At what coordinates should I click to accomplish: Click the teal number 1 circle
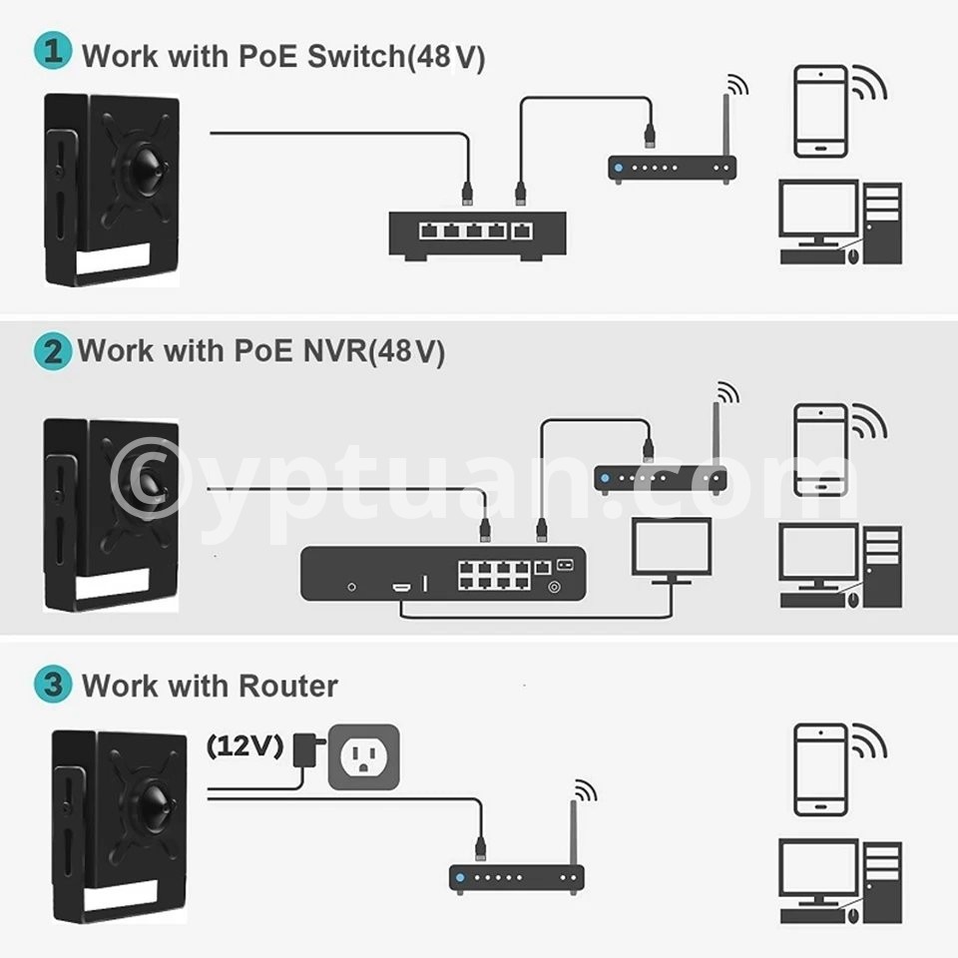[53, 53]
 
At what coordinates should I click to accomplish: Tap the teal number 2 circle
[52, 351]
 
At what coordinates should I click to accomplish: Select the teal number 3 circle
[52, 686]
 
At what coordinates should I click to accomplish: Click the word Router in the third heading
[288, 687]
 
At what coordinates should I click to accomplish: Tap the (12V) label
[244, 745]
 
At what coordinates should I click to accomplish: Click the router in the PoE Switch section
[672, 168]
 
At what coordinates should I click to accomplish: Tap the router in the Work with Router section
[516, 878]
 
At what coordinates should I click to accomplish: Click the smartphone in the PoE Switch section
[820, 112]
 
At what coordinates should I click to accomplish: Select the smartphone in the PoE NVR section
[820, 449]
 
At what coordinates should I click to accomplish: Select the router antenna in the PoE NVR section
[716, 429]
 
